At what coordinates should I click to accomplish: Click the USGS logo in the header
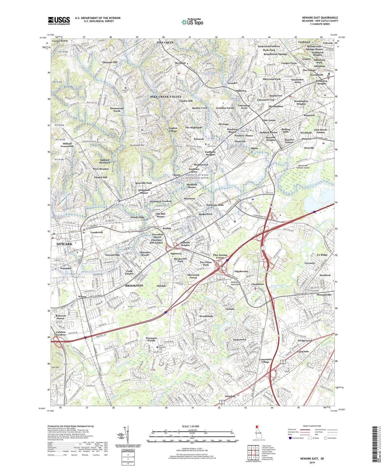pos(59,20)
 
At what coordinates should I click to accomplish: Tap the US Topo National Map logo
pos(192,22)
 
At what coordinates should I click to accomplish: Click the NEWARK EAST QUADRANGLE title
pos(320,18)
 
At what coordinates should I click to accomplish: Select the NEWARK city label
pos(64,244)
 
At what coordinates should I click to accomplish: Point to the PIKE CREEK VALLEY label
pos(166,96)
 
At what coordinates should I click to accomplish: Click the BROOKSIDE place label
pos(134,286)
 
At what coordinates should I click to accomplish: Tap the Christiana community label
pos(257,284)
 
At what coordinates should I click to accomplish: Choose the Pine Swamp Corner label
pos(220,256)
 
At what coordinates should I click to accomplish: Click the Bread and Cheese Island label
pos(300,167)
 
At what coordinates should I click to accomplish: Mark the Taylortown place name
pos(239,340)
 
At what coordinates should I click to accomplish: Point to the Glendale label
pos(230,396)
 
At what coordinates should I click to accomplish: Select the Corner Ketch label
pos(60,41)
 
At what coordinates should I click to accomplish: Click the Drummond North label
pos(117,110)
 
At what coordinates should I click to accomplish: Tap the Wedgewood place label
pos(305,340)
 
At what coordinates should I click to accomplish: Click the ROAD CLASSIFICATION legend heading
pos(312,426)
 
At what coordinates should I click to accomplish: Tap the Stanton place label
pos(306,139)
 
